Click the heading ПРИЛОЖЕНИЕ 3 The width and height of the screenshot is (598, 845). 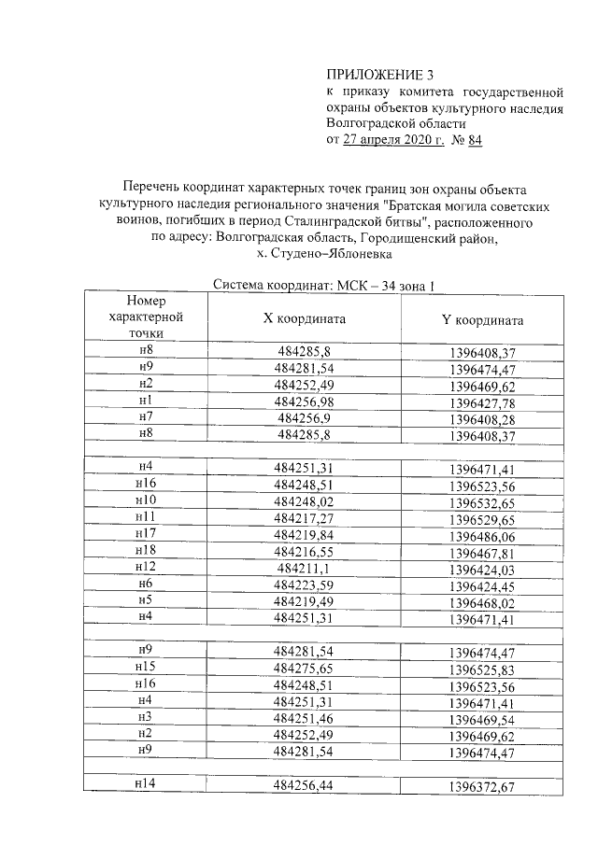tap(380, 74)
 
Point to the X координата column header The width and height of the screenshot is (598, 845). tap(305, 318)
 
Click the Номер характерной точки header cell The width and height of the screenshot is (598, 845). tap(145, 317)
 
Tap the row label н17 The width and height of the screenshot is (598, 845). tap(145, 533)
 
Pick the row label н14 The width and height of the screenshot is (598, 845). tap(145, 783)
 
